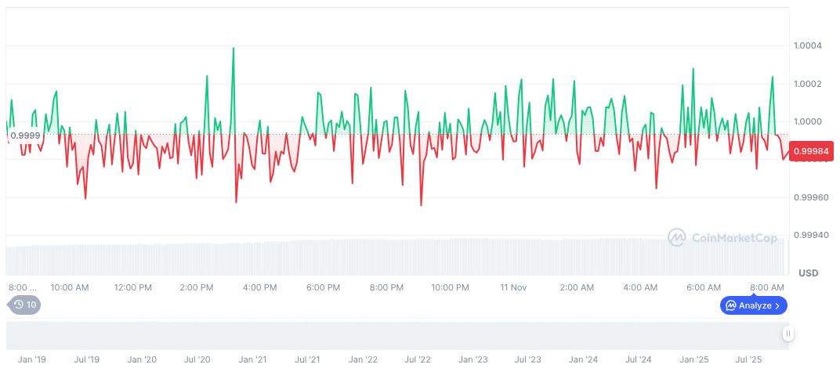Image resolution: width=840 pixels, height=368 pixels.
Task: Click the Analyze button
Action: [753, 305]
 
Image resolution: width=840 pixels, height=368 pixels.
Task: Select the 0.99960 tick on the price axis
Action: [807, 197]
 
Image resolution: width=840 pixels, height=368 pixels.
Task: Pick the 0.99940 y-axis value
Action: [807, 235]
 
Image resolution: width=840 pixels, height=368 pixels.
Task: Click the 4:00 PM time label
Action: [259, 287]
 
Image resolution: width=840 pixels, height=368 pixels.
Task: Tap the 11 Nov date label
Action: [513, 287]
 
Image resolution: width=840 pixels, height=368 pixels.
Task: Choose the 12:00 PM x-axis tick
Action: [132, 287]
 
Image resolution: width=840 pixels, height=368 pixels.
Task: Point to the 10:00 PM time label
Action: [451, 287]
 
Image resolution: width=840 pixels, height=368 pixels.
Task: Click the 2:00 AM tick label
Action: [577, 287]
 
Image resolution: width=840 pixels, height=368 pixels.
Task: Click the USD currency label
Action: [808, 273]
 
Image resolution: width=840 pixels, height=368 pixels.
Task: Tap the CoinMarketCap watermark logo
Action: [722, 236]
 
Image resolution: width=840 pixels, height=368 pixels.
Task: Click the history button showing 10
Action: [24, 305]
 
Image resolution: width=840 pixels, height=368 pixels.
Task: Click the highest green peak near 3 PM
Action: [234, 49]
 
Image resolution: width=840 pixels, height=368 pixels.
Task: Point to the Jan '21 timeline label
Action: [252, 359]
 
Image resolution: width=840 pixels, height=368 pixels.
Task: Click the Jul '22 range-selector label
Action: [418, 359]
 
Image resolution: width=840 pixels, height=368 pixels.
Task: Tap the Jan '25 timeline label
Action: [694, 359]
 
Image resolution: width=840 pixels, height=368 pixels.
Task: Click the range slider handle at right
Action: [788, 334]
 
